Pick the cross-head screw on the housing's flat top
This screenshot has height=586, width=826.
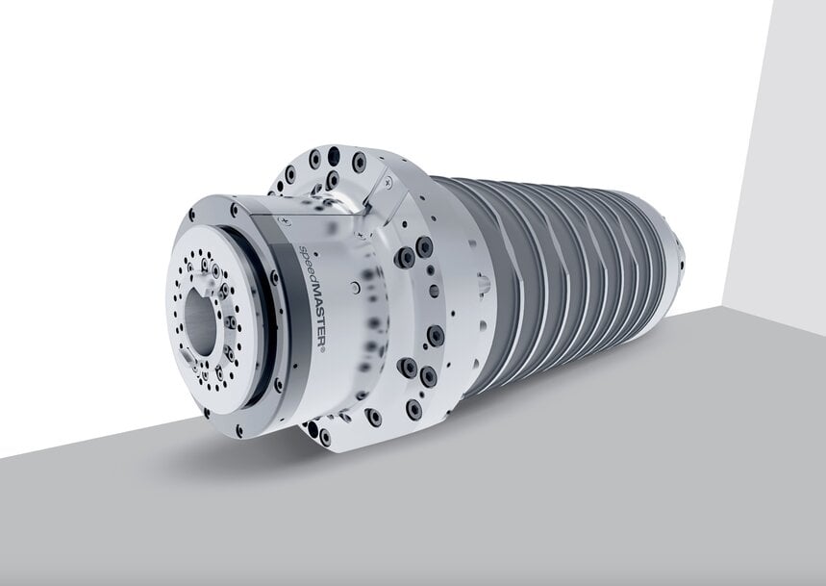tap(282, 220)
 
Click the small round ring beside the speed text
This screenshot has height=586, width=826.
tap(356, 286)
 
